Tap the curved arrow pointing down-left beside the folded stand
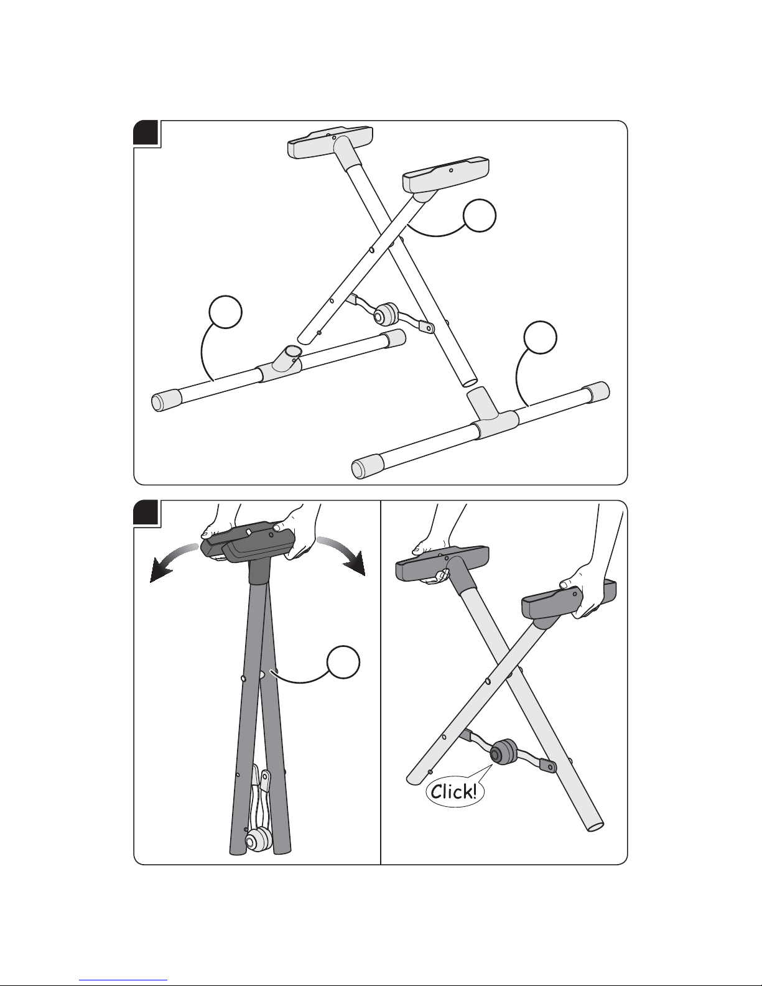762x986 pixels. (x=174, y=557)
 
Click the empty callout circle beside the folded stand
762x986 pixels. (x=344, y=662)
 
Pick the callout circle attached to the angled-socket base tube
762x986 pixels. (x=225, y=312)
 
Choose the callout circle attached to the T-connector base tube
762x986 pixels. (x=540, y=337)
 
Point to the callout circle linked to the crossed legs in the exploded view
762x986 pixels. (x=480, y=215)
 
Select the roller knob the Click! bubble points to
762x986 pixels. (x=503, y=754)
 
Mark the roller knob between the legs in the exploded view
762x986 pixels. (x=386, y=314)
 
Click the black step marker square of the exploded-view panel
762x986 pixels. (x=146, y=133)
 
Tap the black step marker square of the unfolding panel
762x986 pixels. (x=146, y=513)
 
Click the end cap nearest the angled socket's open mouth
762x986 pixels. (x=394, y=338)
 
